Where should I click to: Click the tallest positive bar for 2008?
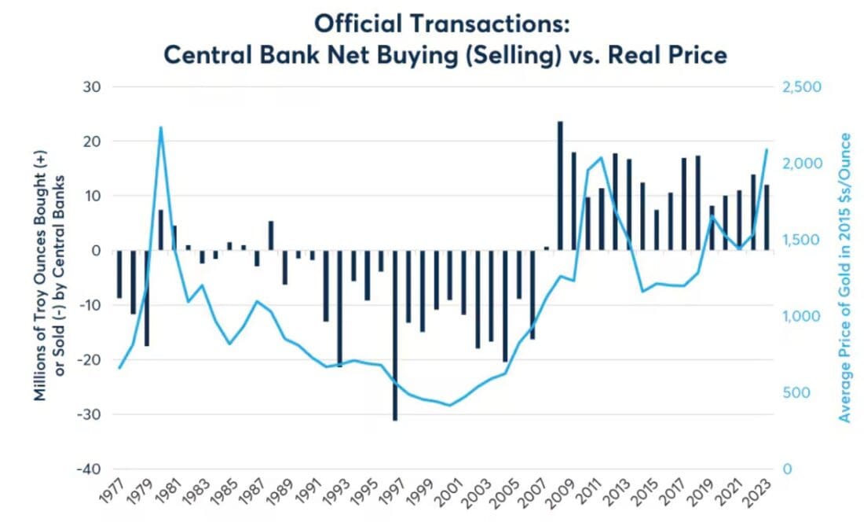pyautogui.click(x=560, y=186)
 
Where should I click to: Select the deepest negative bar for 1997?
pyautogui.click(x=395, y=335)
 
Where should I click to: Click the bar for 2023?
pyautogui.click(x=767, y=218)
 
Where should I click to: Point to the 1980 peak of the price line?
pyautogui.click(x=160, y=127)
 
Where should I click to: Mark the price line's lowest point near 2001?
pyautogui.click(x=450, y=406)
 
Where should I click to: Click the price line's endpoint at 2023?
pyautogui.click(x=767, y=149)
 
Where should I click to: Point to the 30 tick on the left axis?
pyautogui.click(x=93, y=86)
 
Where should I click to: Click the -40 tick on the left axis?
pyautogui.click(x=89, y=469)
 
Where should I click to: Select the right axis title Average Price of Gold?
pyautogui.click(x=845, y=278)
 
